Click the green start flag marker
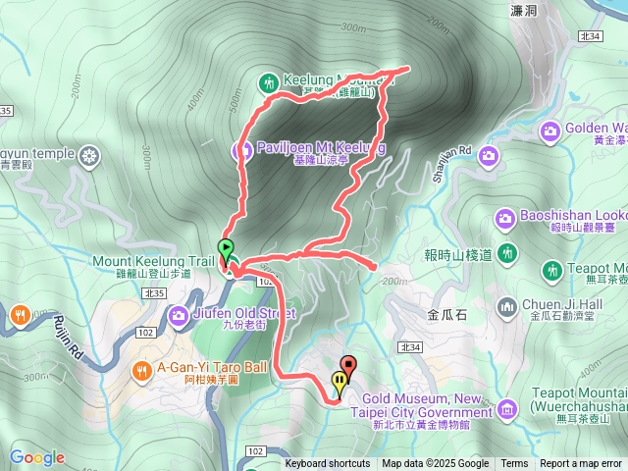[226, 248]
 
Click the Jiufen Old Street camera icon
[178, 315]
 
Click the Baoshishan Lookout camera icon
[504, 217]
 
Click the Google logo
[36, 457]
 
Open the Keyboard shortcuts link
[328, 463]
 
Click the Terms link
[514, 463]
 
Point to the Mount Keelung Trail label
[152, 262]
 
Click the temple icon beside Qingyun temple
[89, 155]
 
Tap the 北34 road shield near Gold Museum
[411, 347]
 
